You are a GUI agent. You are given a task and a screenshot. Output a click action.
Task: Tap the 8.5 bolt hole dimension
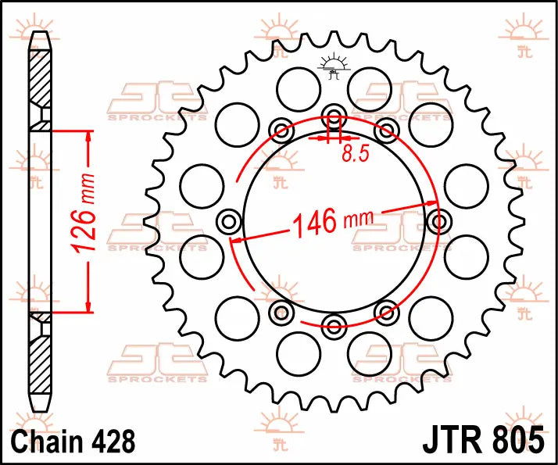355,154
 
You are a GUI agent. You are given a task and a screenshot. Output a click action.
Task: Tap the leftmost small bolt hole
230,221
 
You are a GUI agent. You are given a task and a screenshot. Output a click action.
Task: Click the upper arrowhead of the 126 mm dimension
88,138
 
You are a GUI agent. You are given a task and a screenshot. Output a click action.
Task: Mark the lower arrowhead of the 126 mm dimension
88,306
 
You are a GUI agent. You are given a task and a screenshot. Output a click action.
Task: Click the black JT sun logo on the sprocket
334,69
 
